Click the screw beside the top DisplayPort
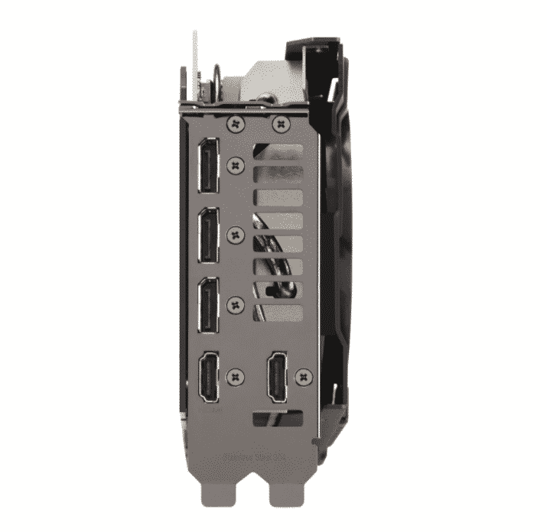coord(236,162)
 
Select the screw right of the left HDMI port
coord(236,375)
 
